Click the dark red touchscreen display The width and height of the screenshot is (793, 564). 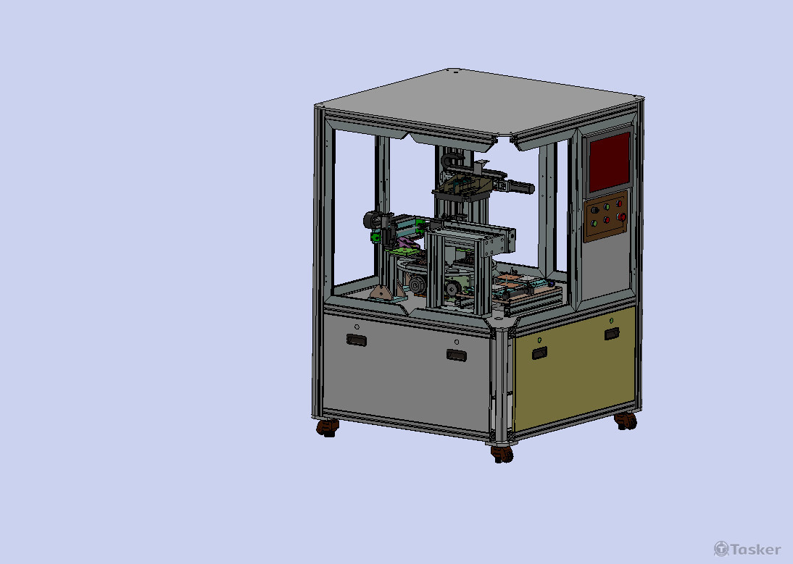pyautogui.click(x=610, y=161)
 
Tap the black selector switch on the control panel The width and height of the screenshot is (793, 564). pyautogui.click(x=594, y=210)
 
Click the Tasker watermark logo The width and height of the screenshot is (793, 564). pyautogui.click(x=747, y=549)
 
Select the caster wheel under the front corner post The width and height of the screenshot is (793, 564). pyautogui.click(x=502, y=454)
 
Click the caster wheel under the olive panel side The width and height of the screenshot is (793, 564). pyautogui.click(x=626, y=421)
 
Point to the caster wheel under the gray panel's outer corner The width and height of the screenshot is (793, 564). pyautogui.click(x=328, y=428)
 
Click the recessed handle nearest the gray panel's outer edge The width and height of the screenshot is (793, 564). pyautogui.click(x=356, y=340)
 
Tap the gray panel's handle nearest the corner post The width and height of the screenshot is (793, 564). pyautogui.click(x=456, y=355)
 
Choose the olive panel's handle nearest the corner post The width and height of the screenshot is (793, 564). pyautogui.click(x=539, y=353)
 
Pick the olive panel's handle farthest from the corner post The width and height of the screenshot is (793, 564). pyautogui.click(x=612, y=334)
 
